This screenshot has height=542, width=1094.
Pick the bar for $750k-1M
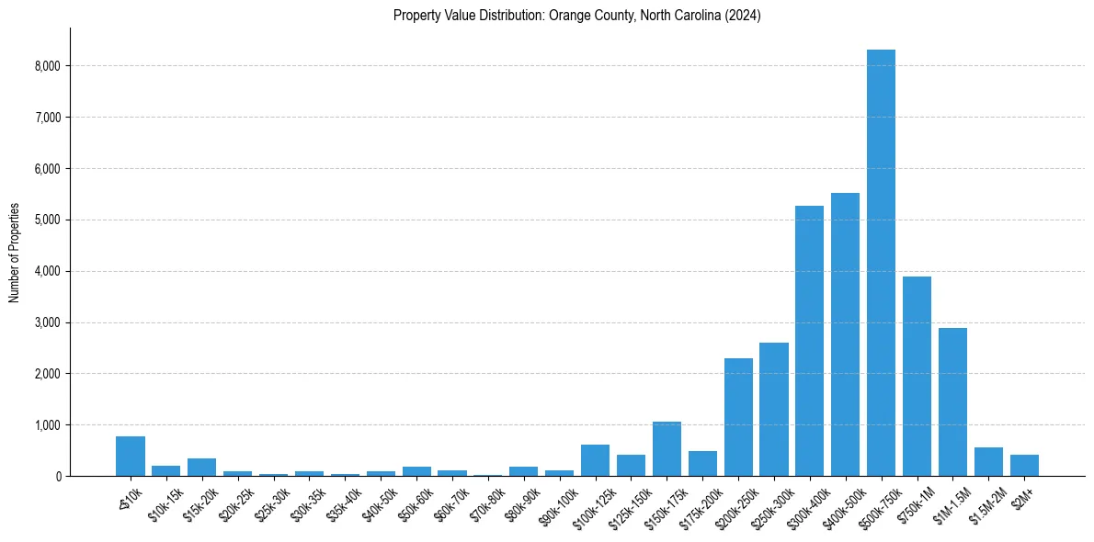pos(917,376)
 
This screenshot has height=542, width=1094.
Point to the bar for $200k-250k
pos(738,417)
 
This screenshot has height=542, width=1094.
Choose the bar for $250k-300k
pos(774,409)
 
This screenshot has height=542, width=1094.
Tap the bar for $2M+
pos(1024,465)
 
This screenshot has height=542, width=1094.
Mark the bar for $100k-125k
pos(595,460)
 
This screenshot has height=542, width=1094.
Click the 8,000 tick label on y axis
pos(46,66)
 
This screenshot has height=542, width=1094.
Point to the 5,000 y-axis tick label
pos(46,220)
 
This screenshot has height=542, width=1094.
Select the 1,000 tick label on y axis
pos(46,425)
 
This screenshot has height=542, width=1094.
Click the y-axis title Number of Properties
pos(15,252)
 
